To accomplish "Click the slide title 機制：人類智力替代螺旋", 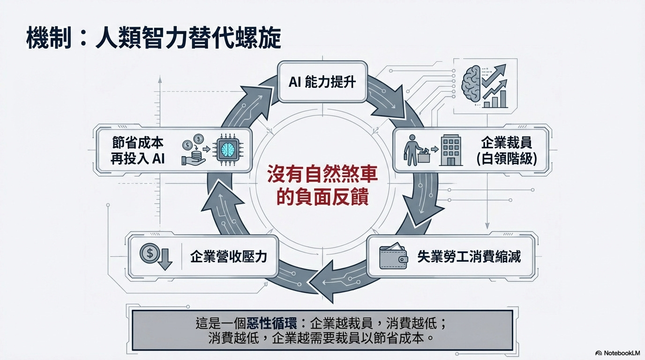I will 154,38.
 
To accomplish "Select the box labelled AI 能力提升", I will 322,82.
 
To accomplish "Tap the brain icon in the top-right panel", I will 472,83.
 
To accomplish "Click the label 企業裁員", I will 506,142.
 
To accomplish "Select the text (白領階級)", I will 506,159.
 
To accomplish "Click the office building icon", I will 450,150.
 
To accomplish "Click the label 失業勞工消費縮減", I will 469,256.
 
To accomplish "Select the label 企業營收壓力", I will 229,256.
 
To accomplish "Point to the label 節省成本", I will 138,142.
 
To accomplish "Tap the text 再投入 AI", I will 138,158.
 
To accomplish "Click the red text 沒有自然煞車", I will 322,176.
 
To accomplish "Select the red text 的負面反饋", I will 322,197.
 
